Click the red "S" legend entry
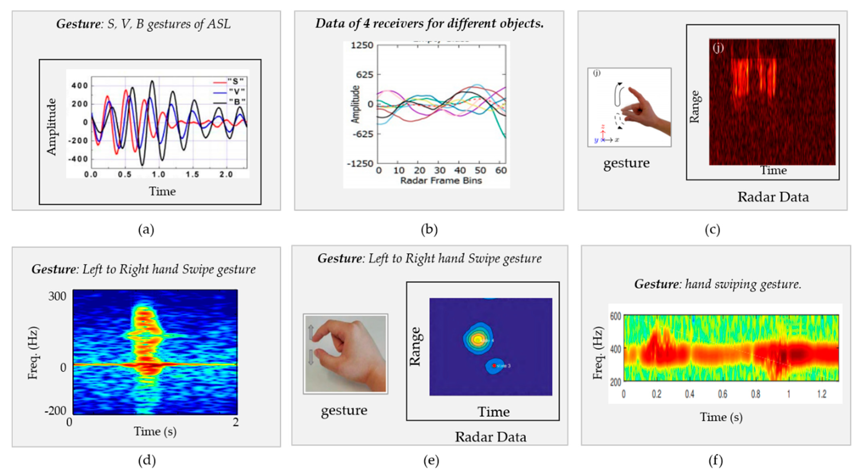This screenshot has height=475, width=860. coord(235,81)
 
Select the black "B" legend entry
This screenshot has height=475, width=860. coord(237,101)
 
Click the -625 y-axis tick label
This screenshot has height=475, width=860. coord(361,134)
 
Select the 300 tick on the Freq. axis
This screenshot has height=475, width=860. coord(57,296)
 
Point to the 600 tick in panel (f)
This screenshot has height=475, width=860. coord(615,316)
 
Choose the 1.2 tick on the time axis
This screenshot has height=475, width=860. coord(822,394)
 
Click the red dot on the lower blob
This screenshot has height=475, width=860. coord(494,366)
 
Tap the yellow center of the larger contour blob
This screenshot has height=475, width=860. coord(477,339)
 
